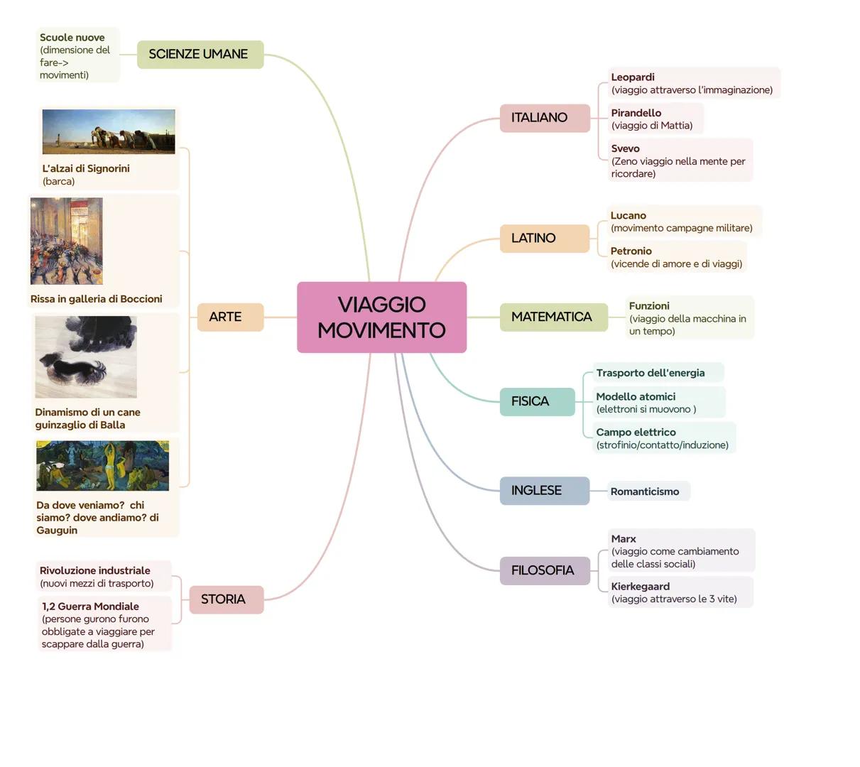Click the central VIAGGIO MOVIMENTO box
(381, 317)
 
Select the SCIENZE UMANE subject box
(200, 55)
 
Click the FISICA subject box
(536, 401)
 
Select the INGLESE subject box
(544, 491)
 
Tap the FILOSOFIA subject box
(544, 570)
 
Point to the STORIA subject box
(226, 599)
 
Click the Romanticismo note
(645, 491)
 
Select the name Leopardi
(633, 77)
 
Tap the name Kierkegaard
(640, 587)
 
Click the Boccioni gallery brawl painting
(67, 241)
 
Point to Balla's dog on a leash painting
(86, 357)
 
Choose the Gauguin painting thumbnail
(103, 466)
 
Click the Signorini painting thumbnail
(109, 131)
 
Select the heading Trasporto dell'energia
(651, 373)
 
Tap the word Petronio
(631, 251)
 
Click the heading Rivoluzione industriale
(95, 571)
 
